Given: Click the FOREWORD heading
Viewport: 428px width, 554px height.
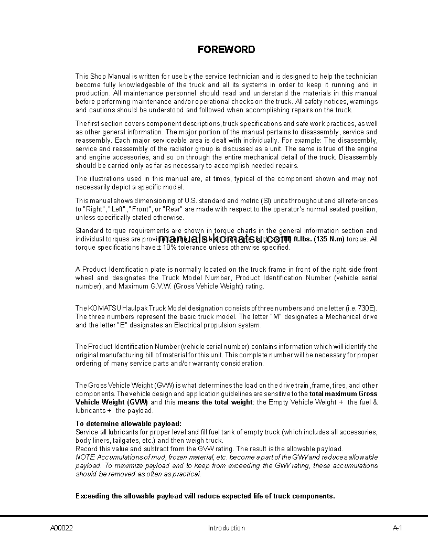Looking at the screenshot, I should tap(226, 50).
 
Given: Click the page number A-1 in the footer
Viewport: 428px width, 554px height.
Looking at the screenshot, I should tap(397, 528).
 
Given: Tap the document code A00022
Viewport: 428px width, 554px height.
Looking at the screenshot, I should tap(61, 528).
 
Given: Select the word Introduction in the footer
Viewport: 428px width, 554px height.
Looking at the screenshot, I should tap(226, 528).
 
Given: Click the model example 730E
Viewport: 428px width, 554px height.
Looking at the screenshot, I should tap(368, 308).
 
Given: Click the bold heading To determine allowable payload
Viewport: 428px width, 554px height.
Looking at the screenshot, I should tap(129, 423).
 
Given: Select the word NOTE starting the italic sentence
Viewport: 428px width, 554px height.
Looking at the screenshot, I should tap(85, 457).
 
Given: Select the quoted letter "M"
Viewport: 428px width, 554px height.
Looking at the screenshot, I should tap(276, 316).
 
